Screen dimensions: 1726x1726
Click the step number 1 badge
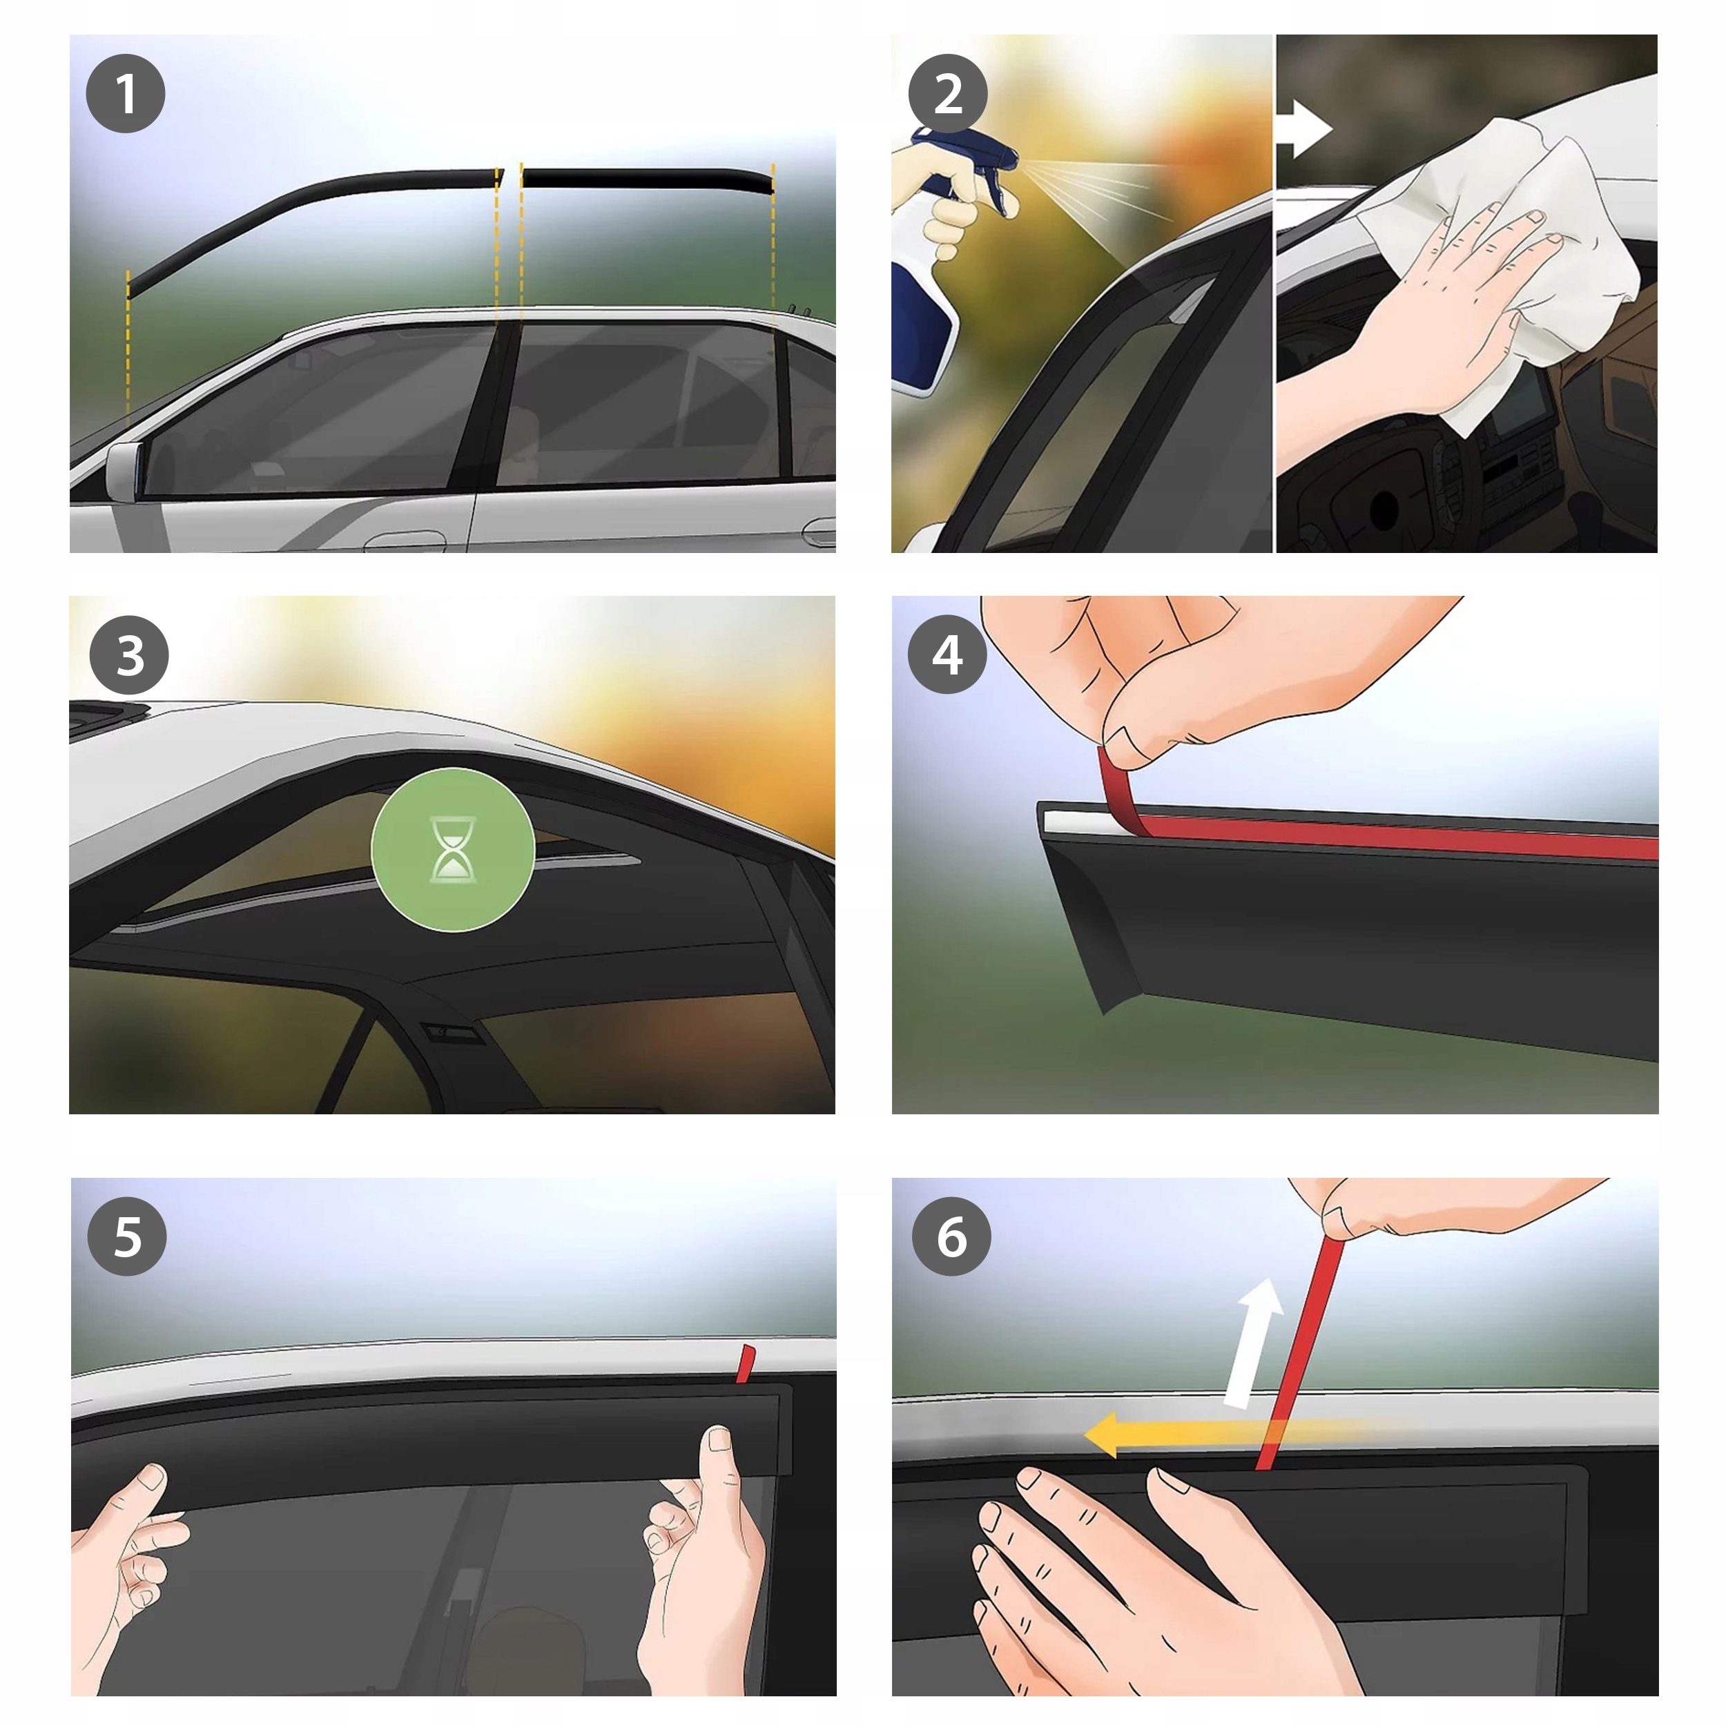point(125,94)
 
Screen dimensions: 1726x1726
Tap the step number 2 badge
point(948,94)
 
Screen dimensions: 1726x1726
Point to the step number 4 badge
point(947,654)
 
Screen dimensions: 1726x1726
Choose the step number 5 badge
point(127,1237)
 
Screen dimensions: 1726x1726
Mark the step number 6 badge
point(951,1237)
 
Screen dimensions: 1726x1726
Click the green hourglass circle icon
point(453,850)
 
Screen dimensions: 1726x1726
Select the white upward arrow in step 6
point(1252,1344)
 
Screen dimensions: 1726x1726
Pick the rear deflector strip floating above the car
point(648,180)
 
